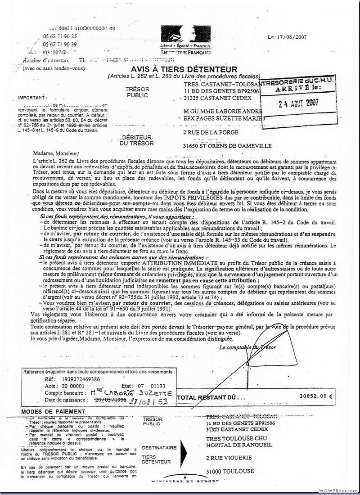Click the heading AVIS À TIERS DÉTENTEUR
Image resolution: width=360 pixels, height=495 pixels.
(x=184, y=69)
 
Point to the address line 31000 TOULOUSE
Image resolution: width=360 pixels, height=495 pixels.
(x=229, y=471)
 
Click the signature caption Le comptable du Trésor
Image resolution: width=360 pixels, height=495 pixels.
(x=247, y=347)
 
